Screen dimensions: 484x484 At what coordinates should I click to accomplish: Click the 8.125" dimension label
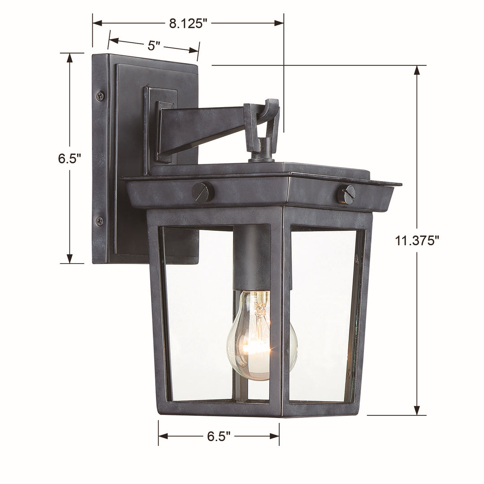[188, 23]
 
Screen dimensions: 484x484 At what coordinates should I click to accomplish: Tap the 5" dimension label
[154, 45]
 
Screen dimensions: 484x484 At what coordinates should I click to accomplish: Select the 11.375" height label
[417, 241]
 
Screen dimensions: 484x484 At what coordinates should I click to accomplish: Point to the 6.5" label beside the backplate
[69, 159]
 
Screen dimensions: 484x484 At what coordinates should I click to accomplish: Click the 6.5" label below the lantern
[219, 436]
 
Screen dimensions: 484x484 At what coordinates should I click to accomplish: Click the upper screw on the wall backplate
[100, 95]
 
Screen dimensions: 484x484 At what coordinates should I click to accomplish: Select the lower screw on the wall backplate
[99, 221]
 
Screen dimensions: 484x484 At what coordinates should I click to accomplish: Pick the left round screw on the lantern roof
[203, 192]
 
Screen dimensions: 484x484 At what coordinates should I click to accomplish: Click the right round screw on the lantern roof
[346, 195]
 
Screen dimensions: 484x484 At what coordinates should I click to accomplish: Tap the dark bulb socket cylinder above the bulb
[252, 258]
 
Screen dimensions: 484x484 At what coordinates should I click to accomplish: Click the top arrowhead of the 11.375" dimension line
[417, 70]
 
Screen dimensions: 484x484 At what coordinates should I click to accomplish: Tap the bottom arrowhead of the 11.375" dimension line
[417, 411]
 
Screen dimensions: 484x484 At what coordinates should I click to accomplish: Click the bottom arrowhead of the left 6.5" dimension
[69, 259]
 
